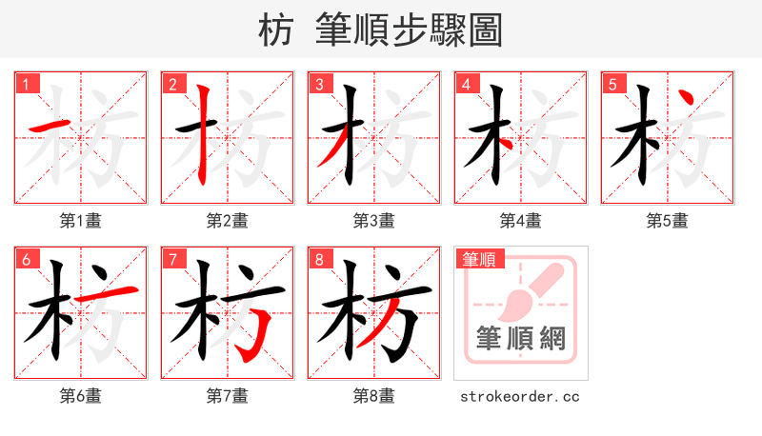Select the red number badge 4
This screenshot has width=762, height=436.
coord(466,85)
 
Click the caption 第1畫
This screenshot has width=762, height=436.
coord(81,221)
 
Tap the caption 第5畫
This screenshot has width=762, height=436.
coord(667,221)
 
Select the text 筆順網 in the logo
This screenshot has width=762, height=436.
coord(520,338)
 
